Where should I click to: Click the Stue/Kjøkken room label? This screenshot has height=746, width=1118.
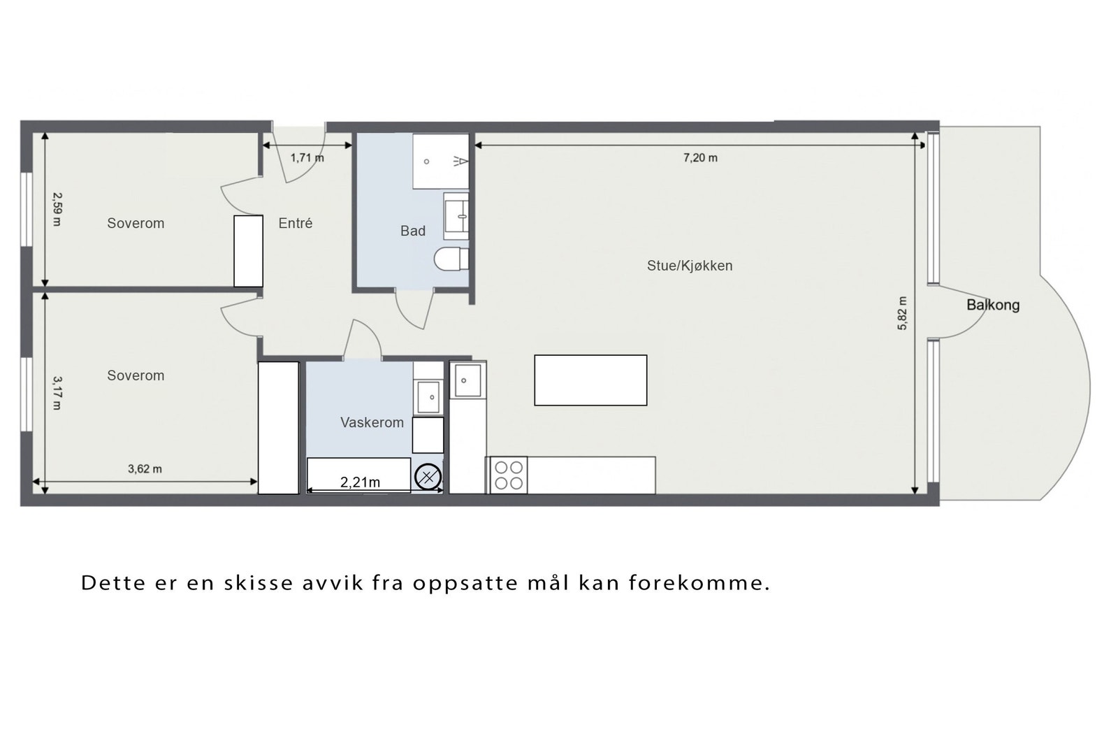[x=689, y=266]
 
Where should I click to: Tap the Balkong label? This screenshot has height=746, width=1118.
[x=992, y=305]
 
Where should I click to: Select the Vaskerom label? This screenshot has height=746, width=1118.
[x=372, y=422]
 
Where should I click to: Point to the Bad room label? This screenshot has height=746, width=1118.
[x=412, y=231]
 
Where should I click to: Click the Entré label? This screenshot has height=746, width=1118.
[x=295, y=223]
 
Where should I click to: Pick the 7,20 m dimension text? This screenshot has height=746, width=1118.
[x=700, y=158]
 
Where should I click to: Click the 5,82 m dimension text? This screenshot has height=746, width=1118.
[x=902, y=313]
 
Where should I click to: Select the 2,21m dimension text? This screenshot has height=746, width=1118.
[x=360, y=482]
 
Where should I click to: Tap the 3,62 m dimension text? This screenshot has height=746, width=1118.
[x=145, y=469]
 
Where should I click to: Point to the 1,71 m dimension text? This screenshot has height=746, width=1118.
[x=307, y=158]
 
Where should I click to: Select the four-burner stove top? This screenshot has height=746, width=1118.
[x=508, y=475]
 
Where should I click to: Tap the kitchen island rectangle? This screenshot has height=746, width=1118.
[x=590, y=380]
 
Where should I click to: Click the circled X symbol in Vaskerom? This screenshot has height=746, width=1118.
[x=428, y=478]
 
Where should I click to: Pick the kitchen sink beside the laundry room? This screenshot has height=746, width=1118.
[x=467, y=380]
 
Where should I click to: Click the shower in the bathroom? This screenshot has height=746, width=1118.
[x=440, y=162]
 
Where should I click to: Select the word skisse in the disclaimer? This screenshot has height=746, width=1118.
[x=259, y=583]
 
